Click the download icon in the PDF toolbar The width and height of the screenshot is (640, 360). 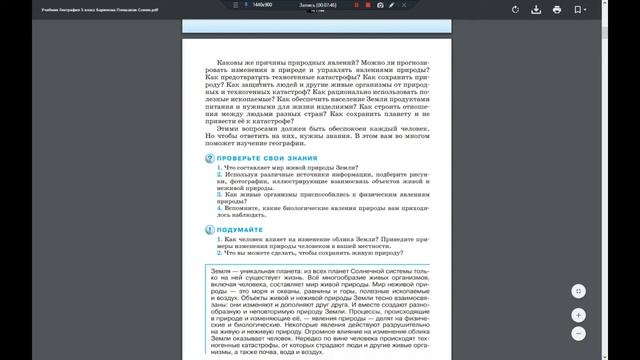click(x=558, y=10)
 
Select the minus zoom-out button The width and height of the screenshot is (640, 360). click(x=579, y=332)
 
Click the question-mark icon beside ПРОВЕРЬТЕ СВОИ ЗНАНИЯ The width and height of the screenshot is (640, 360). click(x=209, y=159)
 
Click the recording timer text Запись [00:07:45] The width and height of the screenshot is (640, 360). click(x=317, y=5)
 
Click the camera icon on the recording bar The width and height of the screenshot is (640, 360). click(x=380, y=5)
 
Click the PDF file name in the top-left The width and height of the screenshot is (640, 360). click(x=59, y=10)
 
